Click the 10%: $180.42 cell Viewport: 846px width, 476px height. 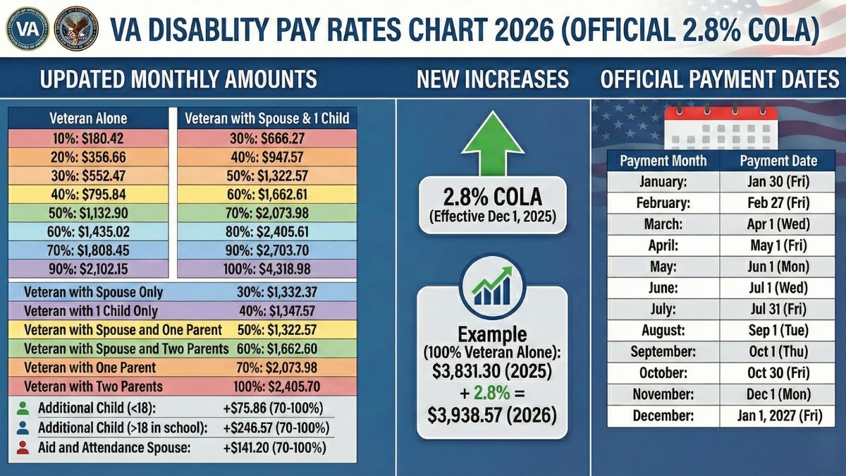point(88,138)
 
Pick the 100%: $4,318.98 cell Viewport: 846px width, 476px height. point(266,269)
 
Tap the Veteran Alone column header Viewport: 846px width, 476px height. point(88,118)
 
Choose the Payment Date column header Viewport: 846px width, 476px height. point(778,161)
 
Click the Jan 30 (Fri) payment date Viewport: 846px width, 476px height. point(778,182)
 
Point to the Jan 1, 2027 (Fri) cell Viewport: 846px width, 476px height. point(778,415)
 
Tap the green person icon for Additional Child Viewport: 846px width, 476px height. point(23,408)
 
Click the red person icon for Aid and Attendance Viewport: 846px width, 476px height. point(23,447)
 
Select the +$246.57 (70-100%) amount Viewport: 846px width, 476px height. point(276,427)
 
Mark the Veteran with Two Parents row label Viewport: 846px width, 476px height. point(93,386)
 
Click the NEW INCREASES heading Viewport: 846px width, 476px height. point(492,79)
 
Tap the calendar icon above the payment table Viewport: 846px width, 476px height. point(721,127)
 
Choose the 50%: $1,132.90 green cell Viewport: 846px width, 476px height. point(88,213)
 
